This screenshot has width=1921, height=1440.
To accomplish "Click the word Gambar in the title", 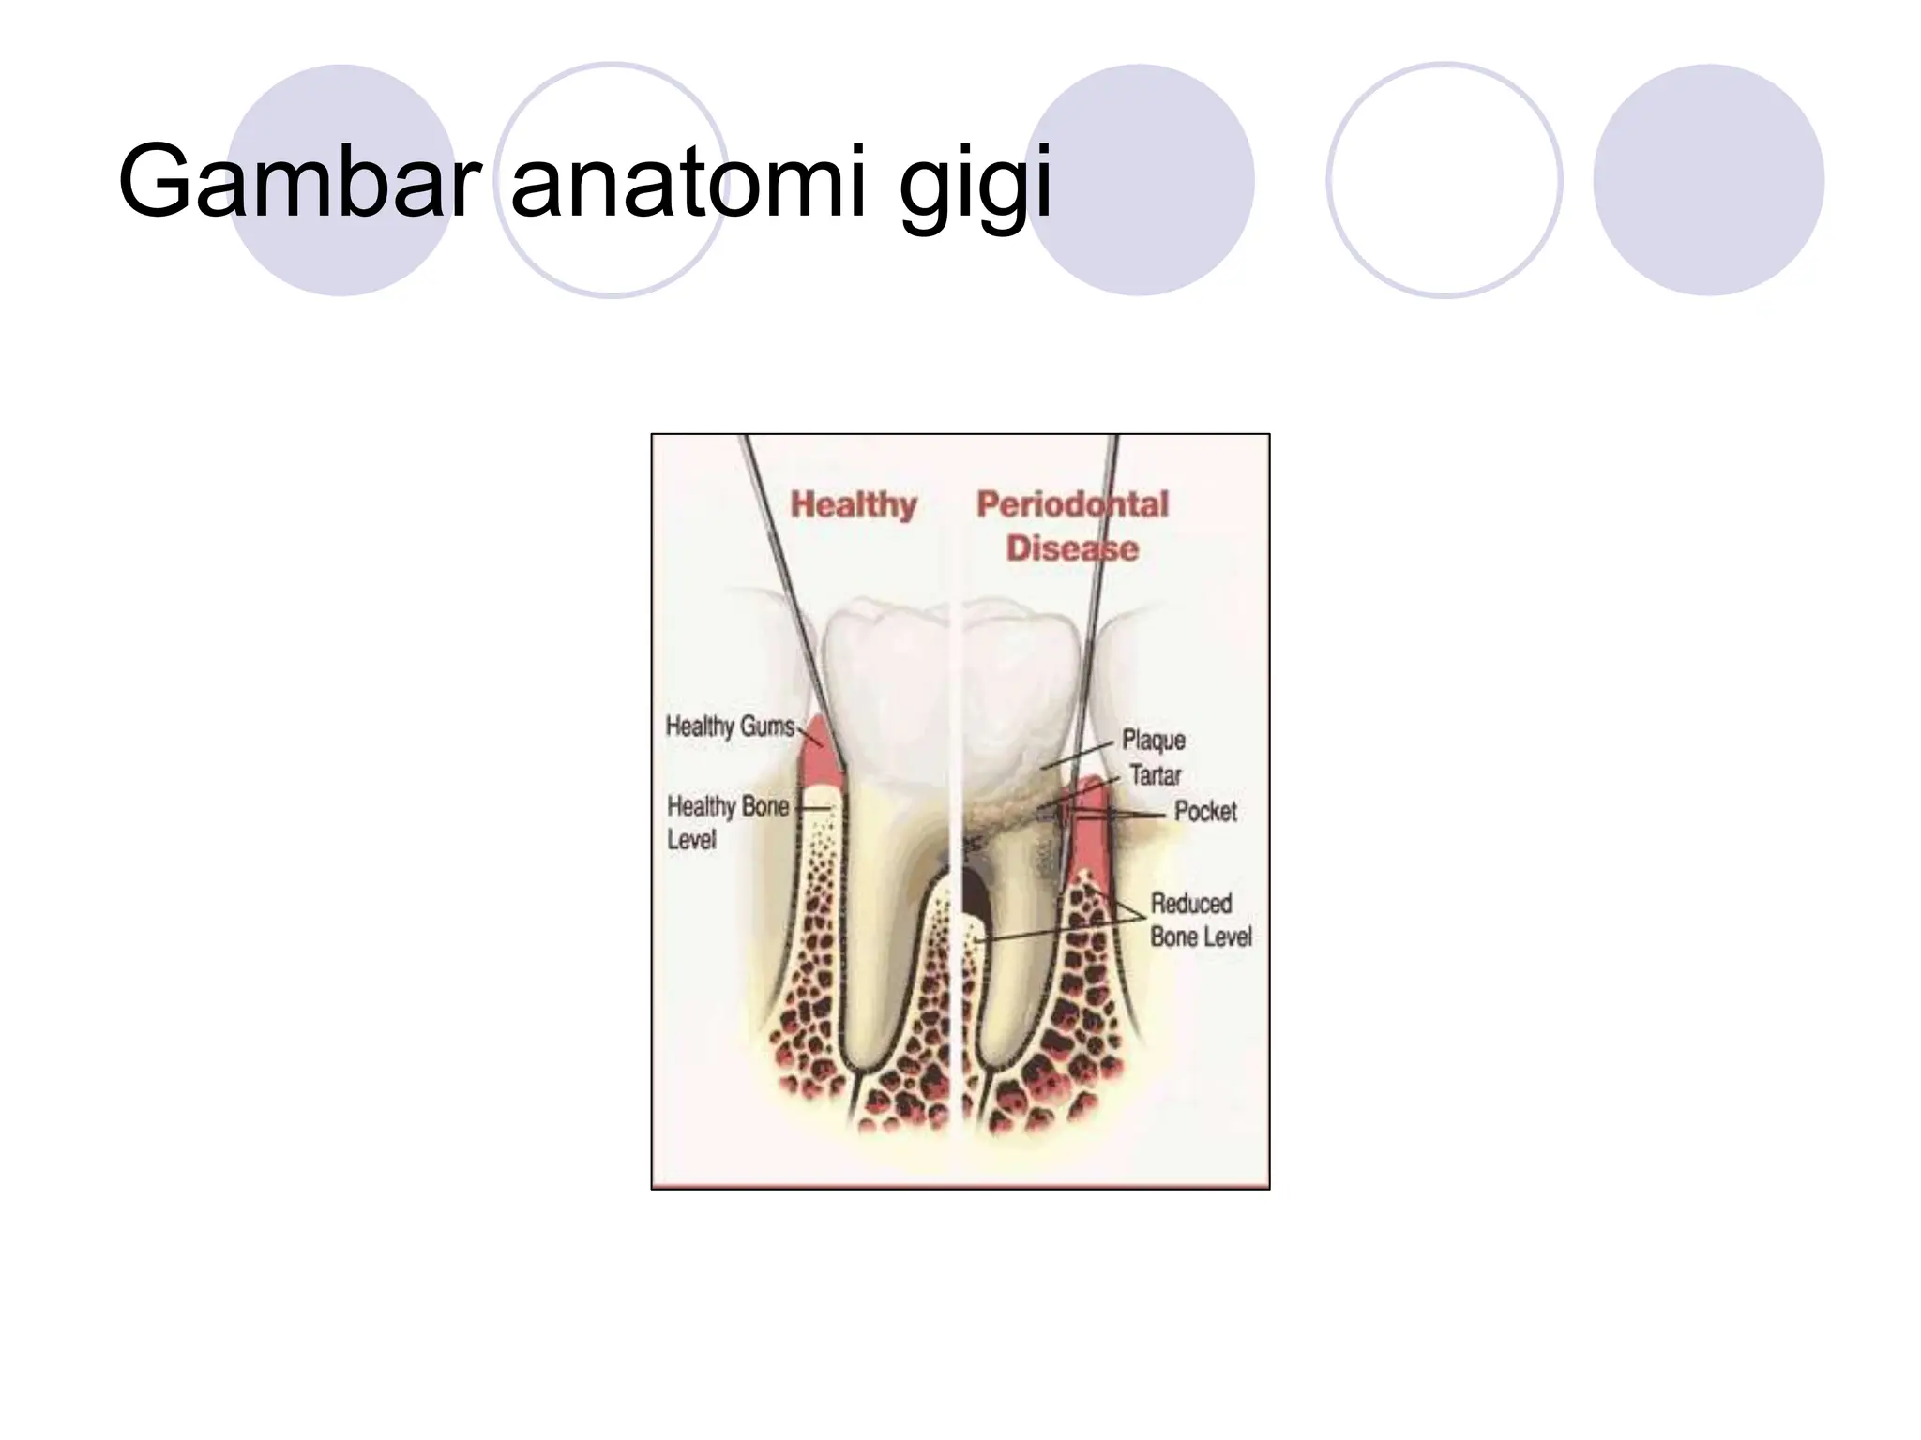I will point(298,180).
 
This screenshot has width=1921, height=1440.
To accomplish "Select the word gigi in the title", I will point(976,183).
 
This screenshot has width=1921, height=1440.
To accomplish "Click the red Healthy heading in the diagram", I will point(854,504).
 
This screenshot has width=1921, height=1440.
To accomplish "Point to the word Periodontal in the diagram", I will point(1072,504).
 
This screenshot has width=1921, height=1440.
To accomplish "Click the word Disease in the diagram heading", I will point(1072,548).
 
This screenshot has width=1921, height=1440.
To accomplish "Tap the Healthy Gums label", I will point(730,727).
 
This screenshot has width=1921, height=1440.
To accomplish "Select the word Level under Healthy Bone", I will point(691,840).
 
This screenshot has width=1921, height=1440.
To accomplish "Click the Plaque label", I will point(1154,741).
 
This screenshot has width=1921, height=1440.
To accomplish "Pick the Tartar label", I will point(1156,776).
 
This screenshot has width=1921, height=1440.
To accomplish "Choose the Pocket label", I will point(1205,812).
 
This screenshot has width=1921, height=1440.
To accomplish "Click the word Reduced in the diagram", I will point(1191,904).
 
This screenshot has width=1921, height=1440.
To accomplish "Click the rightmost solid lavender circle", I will point(1708,180).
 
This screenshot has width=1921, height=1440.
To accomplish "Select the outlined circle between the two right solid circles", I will point(1444,180).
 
